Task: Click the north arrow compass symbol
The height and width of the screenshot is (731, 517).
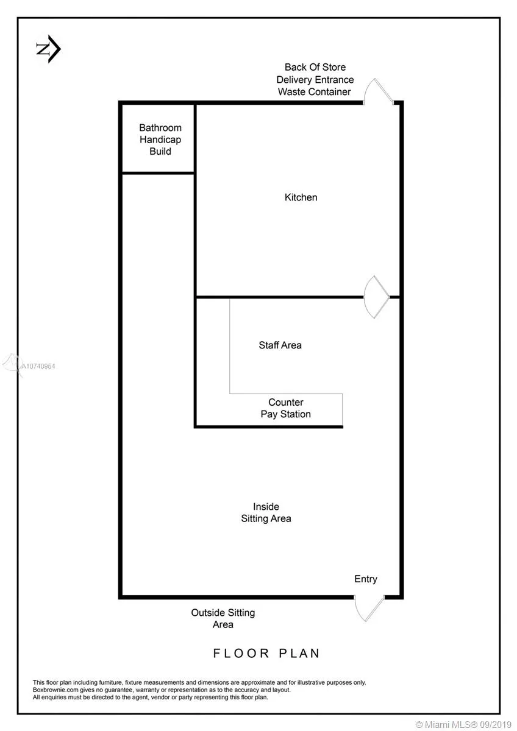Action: [x=48, y=49]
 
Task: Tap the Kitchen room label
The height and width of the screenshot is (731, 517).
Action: [x=301, y=197]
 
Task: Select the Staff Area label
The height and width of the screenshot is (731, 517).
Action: [x=280, y=345]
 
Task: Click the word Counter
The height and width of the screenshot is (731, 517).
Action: [x=286, y=402]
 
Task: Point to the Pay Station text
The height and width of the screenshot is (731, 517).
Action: [x=285, y=414]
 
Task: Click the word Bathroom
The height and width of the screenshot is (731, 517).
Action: [x=160, y=127]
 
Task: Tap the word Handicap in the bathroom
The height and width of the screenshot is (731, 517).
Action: [x=160, y=139]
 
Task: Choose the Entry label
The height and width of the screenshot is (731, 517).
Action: [x=366, y=579]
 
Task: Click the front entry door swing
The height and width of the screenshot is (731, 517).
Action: [x=369, y=609]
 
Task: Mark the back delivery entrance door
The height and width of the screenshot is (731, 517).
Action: [x=378, y=91]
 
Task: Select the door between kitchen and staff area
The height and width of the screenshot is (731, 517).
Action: [x=376, y=297]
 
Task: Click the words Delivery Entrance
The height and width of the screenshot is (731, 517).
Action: [x=315, y=80]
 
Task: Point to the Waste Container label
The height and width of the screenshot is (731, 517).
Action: [x=314, y=92]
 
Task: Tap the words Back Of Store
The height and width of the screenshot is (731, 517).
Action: [x=315, y=67]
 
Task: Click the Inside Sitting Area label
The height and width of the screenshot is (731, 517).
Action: [x=266, y=512]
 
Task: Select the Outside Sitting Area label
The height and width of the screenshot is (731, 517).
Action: [x=223, y=618]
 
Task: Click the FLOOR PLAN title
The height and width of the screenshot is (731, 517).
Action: [x=266, y=653]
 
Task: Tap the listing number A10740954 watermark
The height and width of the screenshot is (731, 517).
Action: [x=38, y=366]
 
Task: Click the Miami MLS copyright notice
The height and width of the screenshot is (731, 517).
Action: [x=463, y=725]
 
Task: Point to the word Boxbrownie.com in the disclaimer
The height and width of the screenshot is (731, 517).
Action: [x=56, y=690]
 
